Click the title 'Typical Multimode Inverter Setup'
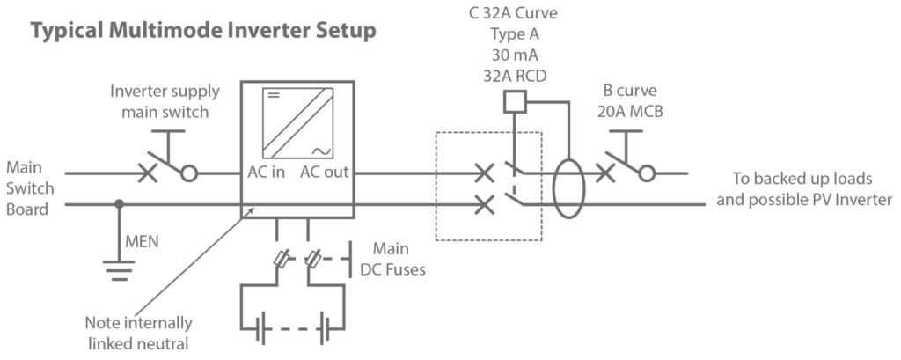pyautogui.click(x=204, y=33)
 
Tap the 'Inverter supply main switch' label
pyautogui.click(x=165, y=101)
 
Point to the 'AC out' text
pyautogui.click(x=324, y=173)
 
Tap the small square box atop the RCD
pyautogui.click(x=513, y=103)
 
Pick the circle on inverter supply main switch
pyautogui.click(x=188, y=173)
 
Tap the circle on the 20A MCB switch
pyautogui.click(x=647, y=173)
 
